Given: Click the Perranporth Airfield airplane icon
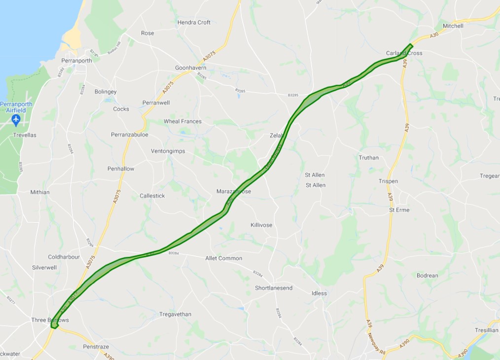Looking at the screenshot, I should click(x=16, y=120).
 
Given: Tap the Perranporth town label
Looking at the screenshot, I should click(x=76, y=61).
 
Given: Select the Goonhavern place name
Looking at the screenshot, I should click(x=190, y=68).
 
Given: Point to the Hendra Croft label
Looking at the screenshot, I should click(x=194, y=23).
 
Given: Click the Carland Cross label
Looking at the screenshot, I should click(x=404, y=53).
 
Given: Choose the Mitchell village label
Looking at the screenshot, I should click(x=453, y=26).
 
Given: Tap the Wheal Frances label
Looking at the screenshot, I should click(x=182, y=121).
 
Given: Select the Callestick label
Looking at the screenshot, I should click(x=152, y=196).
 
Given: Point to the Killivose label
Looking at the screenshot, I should click(x=261, y=225).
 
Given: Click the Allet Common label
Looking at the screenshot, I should click(x=224, y=258).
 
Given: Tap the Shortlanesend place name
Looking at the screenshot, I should click(x=274, y=288).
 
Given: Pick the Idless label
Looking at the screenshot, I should click(x=319, y=293).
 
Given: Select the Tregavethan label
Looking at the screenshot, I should click(x=175, y=315).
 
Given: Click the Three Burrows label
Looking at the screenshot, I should click(x=50, y=320).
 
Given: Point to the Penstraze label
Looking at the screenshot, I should click(x=96, y=347).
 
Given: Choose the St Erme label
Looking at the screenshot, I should click(x=399, y=210).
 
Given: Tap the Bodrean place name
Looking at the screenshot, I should click(x=427, y=276).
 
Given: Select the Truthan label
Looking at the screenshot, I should click(x=369, y=158).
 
